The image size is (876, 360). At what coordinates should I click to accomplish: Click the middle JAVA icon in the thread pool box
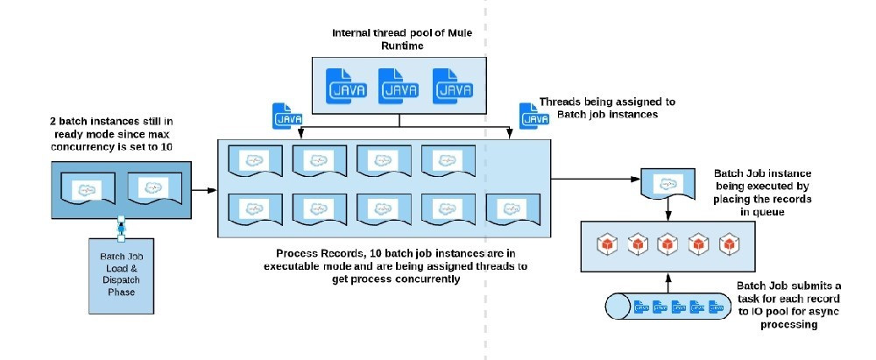399,86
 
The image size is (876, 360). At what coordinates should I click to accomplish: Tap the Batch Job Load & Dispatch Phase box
121,275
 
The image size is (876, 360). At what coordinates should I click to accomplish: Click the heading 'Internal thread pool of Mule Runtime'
402,39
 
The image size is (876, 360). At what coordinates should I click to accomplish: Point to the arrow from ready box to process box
204,190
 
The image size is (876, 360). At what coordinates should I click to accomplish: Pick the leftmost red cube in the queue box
607,244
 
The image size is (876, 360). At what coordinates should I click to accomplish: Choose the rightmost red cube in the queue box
729,244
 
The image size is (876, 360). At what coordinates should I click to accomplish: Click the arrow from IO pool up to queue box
668,283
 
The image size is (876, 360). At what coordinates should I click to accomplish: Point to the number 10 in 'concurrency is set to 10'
166,146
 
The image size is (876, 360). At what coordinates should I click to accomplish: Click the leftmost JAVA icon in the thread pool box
346,86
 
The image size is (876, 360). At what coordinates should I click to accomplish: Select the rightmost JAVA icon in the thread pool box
453,86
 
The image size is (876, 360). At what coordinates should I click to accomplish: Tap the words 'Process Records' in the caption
320,253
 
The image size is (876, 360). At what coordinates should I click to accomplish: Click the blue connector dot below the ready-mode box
120,228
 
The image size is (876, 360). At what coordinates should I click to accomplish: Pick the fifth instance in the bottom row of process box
512,209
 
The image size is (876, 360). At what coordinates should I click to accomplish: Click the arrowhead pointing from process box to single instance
636,179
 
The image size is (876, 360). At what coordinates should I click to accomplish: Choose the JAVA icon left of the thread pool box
287,116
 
